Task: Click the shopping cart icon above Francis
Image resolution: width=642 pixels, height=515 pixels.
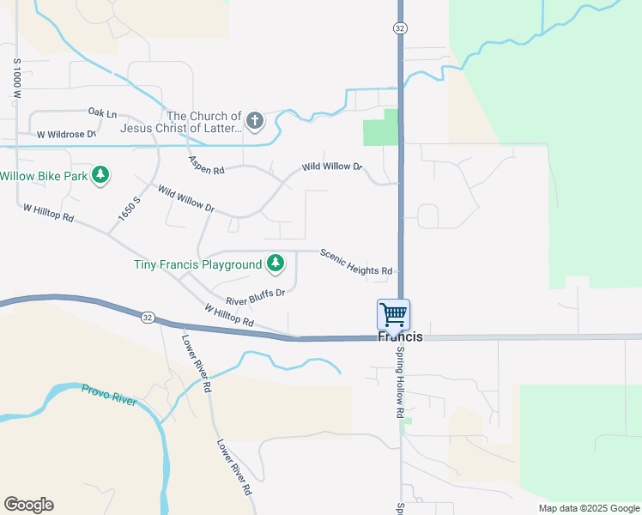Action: pos(393,314)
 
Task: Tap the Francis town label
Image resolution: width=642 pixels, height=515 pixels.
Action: pos(401,337)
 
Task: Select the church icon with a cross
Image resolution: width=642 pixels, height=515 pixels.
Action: pos(255,122)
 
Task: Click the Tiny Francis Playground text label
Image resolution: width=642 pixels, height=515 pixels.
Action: pos(197,264)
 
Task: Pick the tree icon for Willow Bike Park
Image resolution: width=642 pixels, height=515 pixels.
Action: pos(101,176)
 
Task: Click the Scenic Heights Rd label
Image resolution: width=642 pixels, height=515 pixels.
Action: pos(356,261)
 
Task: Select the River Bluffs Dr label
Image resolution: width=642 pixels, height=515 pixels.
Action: pos(255,296)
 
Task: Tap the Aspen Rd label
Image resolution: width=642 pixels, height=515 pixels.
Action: pos(206,166)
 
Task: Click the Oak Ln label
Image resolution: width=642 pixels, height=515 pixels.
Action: pos(102,112)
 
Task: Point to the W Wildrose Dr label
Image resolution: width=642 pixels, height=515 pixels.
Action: pos(66,135)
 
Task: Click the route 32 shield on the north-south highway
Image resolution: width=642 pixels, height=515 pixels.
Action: pos(400,28)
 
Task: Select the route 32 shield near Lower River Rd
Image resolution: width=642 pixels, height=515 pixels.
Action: pos(148,318)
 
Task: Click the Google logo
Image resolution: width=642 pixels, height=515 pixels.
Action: pos(28,505)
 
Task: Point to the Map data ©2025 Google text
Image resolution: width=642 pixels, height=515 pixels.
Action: pos(588,508)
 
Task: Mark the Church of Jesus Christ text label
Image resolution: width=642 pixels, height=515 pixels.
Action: pos(204,122)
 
